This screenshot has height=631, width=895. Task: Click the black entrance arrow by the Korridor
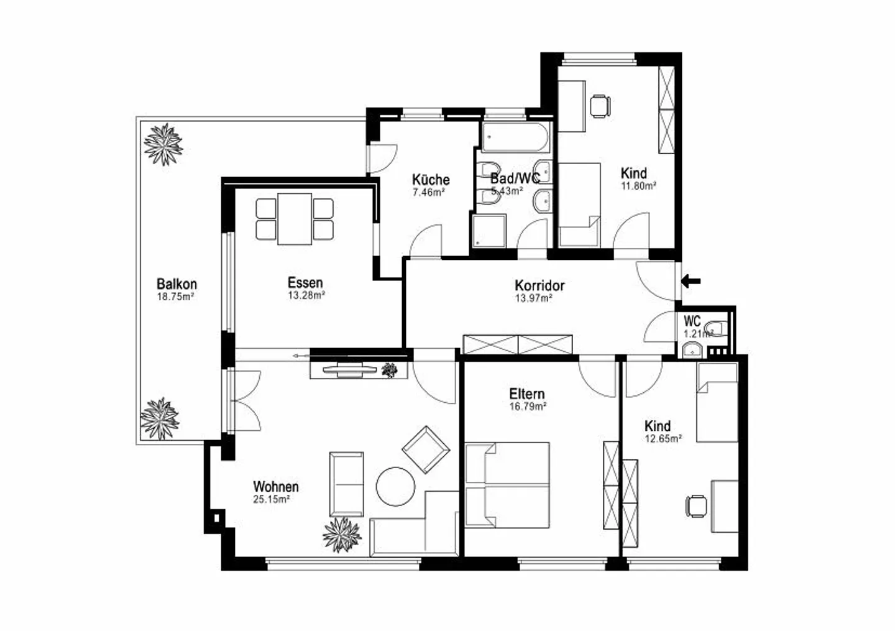691,281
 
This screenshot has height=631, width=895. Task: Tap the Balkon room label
177,284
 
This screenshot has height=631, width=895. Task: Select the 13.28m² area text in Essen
306,296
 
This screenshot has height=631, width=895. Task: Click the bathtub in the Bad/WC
516,137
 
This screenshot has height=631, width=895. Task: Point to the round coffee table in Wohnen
396,486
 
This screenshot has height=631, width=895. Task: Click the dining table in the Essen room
295,219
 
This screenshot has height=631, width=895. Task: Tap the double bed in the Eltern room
507,485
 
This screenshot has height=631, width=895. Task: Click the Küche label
431,179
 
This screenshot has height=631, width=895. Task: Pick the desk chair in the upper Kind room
600,106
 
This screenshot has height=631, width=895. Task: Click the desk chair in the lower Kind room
697,505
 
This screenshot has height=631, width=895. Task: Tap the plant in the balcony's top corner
163,144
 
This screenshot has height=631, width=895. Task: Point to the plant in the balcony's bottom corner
160,418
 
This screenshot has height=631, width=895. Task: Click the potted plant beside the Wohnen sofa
342,534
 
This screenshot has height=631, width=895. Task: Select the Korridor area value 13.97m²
534,298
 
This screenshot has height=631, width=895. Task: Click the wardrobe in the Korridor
518,344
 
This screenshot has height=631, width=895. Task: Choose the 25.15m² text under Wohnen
272,499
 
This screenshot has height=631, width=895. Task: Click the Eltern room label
526,394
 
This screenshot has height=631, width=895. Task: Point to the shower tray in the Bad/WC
489,231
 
